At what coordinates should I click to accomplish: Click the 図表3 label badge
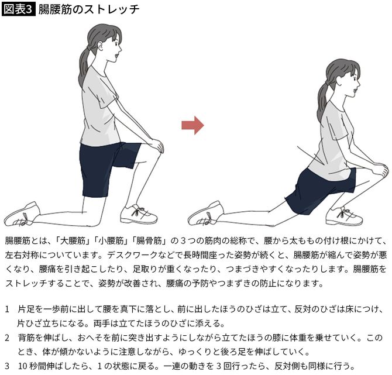pyautogui.click(x=19, y=9)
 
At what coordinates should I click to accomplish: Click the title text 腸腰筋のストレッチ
pyautogui.click(x=89, y=9)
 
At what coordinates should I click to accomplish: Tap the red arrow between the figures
pyautogui.click(x=192, y=125)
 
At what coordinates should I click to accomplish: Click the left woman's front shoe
pyautogui.click(x=138, y=214)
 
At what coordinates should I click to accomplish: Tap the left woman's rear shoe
pyautogui.click(x=22, y=215)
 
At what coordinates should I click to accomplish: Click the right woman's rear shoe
pyautogui.click(x=205, y=214)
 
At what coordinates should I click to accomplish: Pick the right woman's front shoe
pyautogui.click(x=344, y=216)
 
